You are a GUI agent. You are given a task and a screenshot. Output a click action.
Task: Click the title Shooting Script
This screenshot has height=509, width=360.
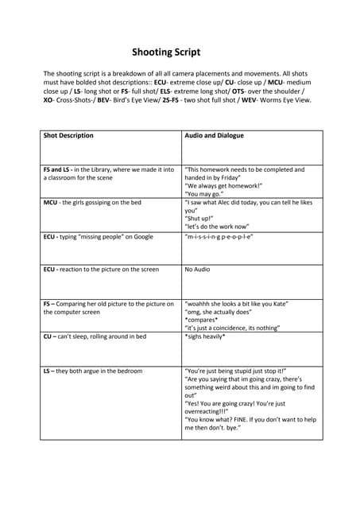coord(165,52)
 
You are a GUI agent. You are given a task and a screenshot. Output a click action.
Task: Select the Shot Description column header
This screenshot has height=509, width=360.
coord(68,136)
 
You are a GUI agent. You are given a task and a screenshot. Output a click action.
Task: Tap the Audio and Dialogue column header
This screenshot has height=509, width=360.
coord(214,136)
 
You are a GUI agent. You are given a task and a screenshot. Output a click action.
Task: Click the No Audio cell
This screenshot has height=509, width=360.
coord(197,270)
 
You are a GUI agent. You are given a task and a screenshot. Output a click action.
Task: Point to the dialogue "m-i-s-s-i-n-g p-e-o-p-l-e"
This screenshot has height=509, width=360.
coord(219,237)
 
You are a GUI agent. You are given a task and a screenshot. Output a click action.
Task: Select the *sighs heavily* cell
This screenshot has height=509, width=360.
coord(205,336)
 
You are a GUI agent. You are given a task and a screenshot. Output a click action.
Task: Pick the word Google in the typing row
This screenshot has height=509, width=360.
coord(141,237)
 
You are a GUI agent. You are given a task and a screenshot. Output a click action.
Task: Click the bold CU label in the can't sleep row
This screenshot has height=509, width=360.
coord(48,336)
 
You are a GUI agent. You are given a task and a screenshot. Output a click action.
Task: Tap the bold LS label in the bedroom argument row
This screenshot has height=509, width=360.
coord(48,371)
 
